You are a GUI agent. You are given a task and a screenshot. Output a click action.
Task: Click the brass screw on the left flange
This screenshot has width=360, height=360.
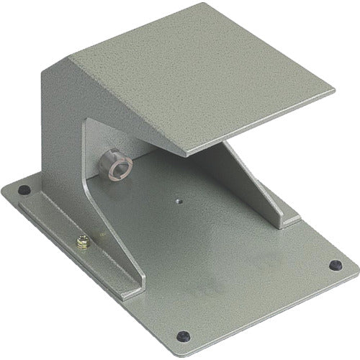83,244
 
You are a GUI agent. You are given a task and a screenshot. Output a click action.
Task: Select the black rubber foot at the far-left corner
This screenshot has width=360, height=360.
24,191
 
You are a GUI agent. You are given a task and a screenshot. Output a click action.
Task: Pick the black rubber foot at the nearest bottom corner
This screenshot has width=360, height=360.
184,336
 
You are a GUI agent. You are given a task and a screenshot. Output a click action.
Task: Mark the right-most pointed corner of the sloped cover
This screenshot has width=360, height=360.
334,92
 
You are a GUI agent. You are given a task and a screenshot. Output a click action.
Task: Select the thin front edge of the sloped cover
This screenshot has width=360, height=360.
259,126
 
